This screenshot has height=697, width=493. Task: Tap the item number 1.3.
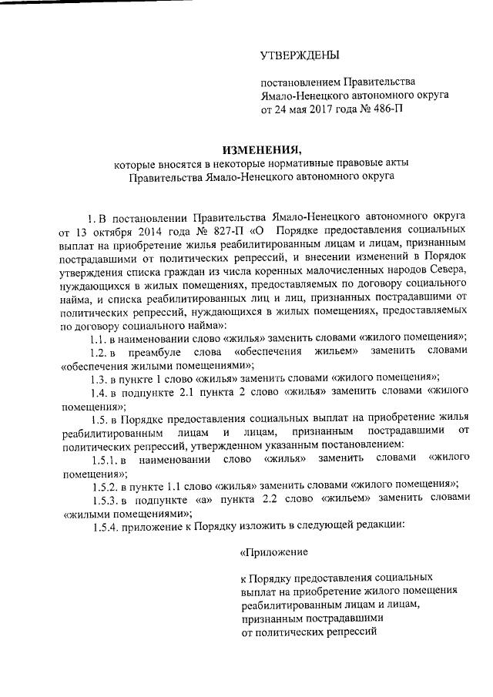click(x=101, y=377)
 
